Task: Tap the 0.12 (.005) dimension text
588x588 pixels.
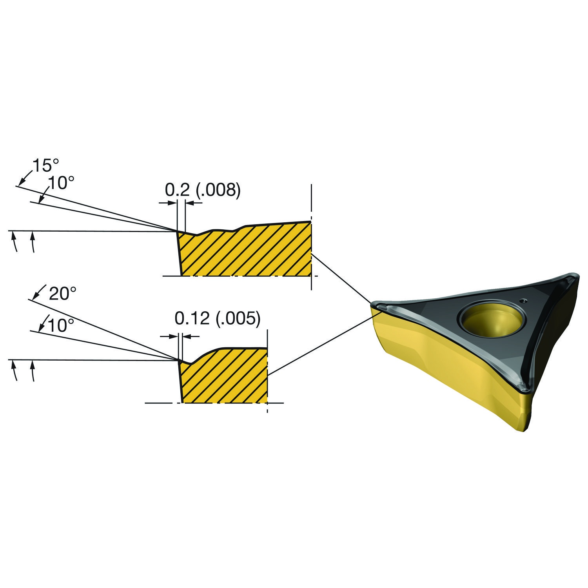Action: pos(218,319)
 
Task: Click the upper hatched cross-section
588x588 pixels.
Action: pos(245,251)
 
